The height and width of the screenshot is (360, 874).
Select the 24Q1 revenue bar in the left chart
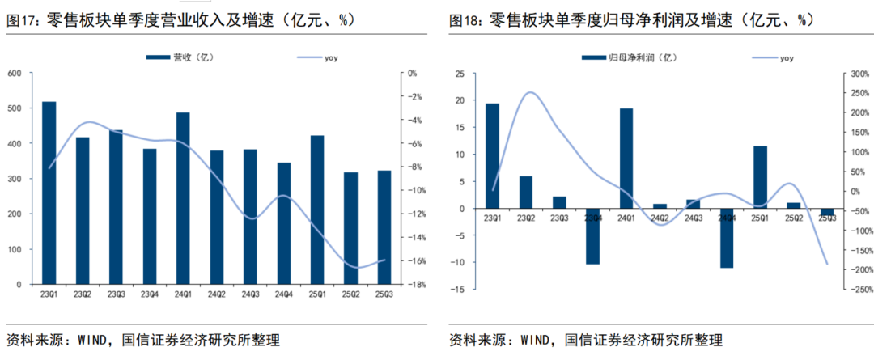(x=183, y=198)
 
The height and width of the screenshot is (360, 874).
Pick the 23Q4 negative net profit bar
(x=592, y=236)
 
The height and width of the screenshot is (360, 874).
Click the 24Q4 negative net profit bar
(x=726, y=238)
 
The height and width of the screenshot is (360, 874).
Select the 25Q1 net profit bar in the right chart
(x=759, y=177)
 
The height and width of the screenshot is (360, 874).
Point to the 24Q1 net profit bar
(x=626, y=159)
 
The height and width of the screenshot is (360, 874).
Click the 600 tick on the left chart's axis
(x=15, y=74)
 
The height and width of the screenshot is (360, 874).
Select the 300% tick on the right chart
(x=853, y=74)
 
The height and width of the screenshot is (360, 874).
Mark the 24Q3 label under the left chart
(x=250, y=293)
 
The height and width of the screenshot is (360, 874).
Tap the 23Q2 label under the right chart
(x=526, y=217)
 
